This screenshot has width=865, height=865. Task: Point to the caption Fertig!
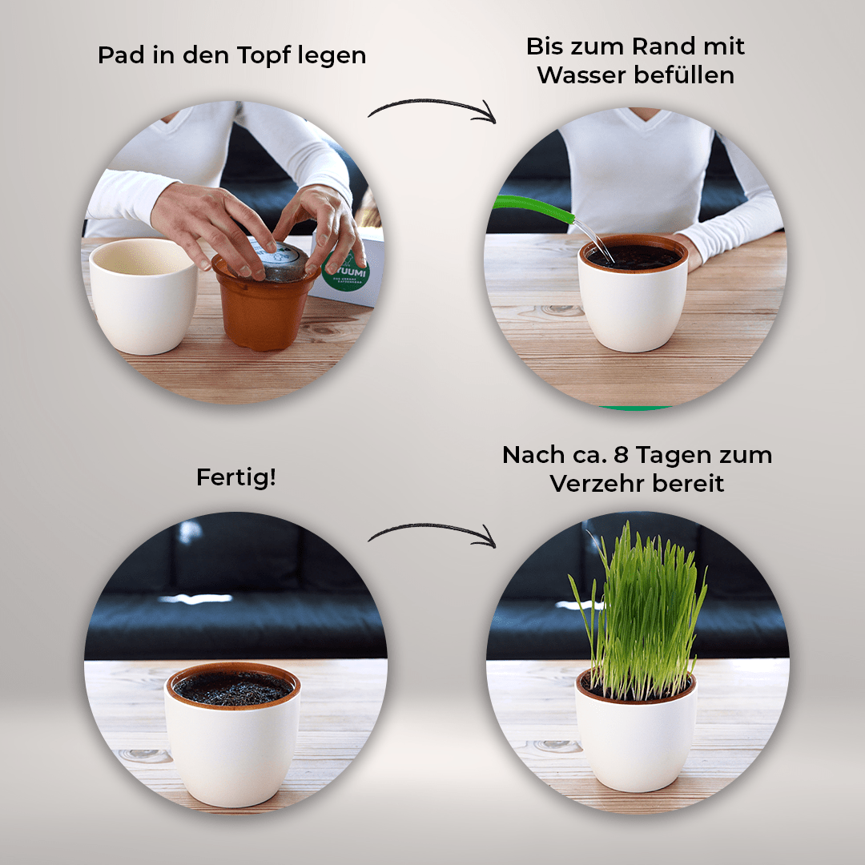click(235, 478)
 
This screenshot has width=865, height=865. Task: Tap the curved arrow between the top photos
click(432, 111)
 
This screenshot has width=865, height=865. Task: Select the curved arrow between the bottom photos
click(432, 533)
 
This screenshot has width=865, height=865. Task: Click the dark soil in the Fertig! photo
click(233, 688)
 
